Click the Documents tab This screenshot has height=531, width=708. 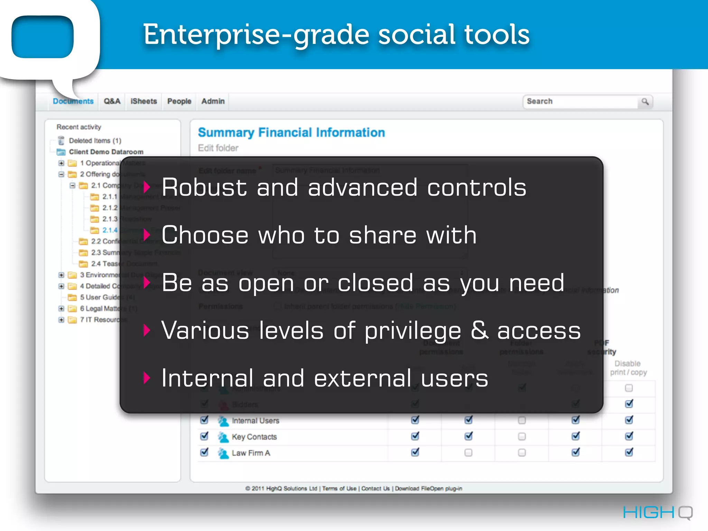(73, 101)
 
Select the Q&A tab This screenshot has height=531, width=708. (112, 101)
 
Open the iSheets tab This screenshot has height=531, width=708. (143, 101)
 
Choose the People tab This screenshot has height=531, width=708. (179, 101)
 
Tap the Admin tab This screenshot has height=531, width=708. (213, 101)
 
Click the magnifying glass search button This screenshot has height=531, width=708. (645, 102)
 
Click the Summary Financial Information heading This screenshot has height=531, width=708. (291, 132)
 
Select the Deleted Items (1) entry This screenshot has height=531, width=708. (95, 141)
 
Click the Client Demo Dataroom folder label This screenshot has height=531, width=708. (106, 152)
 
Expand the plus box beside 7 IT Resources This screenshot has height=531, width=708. (61, 320)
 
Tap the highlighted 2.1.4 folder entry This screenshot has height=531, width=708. (110, 230)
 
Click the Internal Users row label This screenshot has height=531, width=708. (255, 421)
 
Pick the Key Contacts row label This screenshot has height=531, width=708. (254, 437)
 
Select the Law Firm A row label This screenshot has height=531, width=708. (251, 453)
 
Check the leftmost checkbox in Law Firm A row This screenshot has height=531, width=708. (204, 452)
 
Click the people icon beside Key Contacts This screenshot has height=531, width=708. (223, 437)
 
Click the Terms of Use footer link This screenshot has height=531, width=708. (339, 488)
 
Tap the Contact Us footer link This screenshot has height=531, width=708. (375, 488)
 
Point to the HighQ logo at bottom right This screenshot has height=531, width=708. (658, 512)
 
